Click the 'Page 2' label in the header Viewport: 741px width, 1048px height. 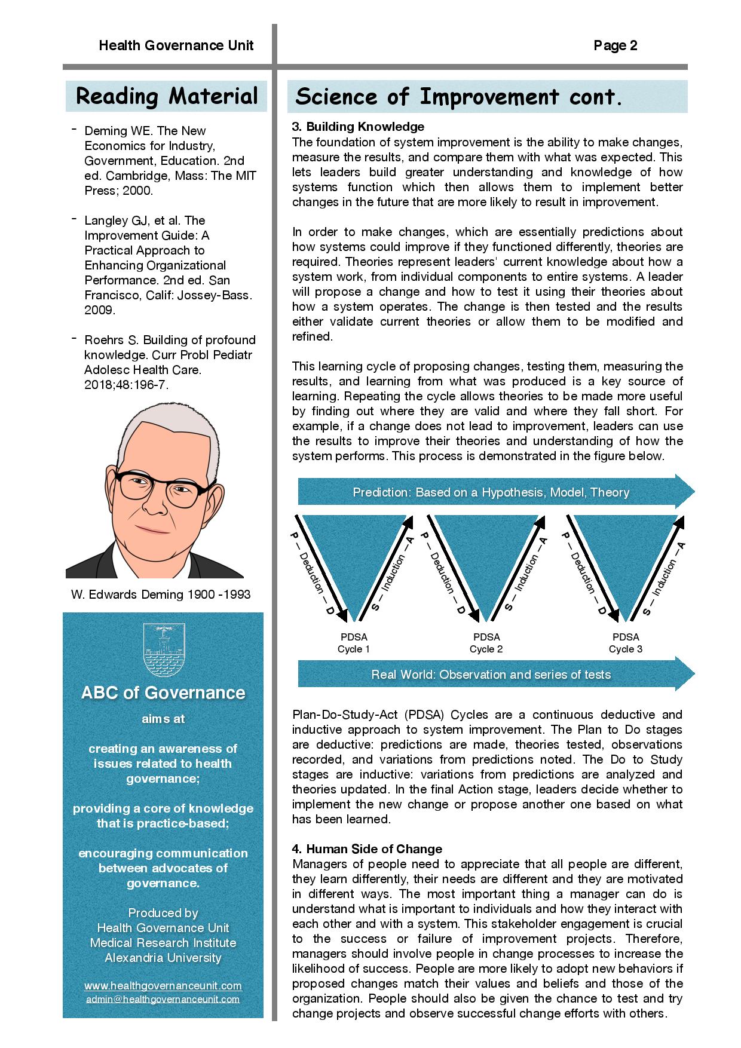[615, 46]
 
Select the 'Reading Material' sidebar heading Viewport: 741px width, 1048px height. [167, 96]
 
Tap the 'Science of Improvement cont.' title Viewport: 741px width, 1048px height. [459, 97]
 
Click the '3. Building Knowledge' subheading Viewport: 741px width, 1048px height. [358, 127]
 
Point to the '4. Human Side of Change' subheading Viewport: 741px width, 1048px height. [367, 849]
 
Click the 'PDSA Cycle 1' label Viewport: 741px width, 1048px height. [354, 643]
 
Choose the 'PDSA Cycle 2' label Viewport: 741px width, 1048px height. [486, 643]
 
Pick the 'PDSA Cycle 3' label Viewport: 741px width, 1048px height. [625, 643]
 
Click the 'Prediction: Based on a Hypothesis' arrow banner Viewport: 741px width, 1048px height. [491, 492]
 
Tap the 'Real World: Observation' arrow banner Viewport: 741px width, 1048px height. [491, 675]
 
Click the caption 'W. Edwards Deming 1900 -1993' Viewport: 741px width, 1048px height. [161, 594]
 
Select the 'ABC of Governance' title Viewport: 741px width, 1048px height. [163, 692]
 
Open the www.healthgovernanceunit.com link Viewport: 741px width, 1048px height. [163, 985]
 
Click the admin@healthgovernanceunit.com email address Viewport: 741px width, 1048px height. [163, 998]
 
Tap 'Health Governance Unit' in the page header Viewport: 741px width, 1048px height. [176, 46]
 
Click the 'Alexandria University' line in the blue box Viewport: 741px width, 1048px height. [163, 958]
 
